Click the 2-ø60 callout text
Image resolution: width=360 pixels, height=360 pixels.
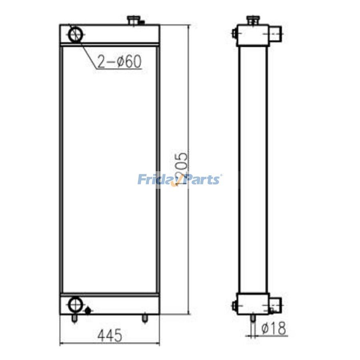pos(119,62)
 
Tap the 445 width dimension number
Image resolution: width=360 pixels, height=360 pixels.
pos(109,335)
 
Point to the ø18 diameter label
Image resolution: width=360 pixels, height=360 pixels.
pos(274,328)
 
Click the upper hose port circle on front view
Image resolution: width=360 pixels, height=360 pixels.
pos(76,34)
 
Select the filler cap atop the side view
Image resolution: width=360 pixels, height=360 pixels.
pos(252,20)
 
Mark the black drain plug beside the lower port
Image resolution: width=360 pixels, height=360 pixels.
pos(88,310)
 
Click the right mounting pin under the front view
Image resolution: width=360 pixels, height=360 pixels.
pos(144,318)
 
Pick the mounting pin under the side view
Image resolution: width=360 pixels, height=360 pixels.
pos(253,318)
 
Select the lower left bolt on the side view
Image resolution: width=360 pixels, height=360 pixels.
pos(234,306)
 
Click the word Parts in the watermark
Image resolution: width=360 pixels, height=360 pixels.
pos(202,179)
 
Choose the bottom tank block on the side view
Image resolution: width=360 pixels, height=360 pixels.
pos(252,304)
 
